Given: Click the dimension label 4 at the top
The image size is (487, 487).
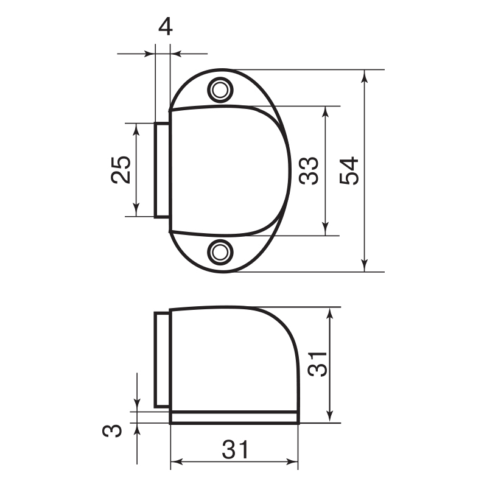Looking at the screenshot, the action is pos(165,27).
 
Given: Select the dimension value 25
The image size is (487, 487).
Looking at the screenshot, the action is pos(121,170).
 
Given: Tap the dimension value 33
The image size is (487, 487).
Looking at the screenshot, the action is pos(309,171).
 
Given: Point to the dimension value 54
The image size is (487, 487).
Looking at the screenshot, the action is pos(349,171).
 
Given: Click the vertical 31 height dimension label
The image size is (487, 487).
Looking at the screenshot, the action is pos(317,364).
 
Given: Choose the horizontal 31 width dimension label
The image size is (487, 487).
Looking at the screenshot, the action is pos(235,449).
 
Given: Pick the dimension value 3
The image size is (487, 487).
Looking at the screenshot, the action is pos(112,430).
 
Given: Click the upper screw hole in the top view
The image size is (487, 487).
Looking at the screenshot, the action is pos(220,90).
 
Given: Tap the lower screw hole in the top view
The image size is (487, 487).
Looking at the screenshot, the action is pos(220,252).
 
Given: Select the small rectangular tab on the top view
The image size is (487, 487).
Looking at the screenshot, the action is pos(162,170).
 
